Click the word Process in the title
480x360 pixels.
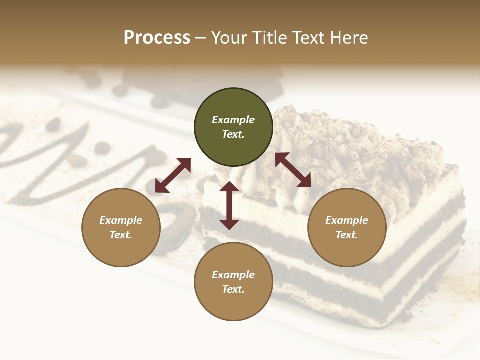point(157,38)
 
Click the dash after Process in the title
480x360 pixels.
point(201,38)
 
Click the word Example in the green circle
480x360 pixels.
point(233,120)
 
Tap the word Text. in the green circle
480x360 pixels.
point(233,134)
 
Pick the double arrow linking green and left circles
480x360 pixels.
point(173,175)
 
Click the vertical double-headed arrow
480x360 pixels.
point(229,205)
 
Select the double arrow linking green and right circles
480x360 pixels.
point(293,170)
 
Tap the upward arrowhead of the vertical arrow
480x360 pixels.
point(229,186)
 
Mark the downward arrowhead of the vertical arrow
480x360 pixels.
point(229,224)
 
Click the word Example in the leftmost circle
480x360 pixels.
point(121,220)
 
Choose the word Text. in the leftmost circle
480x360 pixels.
point(121,235)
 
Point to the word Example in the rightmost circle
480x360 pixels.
point(347,220)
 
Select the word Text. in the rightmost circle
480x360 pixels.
point(347,235)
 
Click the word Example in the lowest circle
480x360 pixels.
point(233,275)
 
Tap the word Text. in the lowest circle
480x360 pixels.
point(233,289)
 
